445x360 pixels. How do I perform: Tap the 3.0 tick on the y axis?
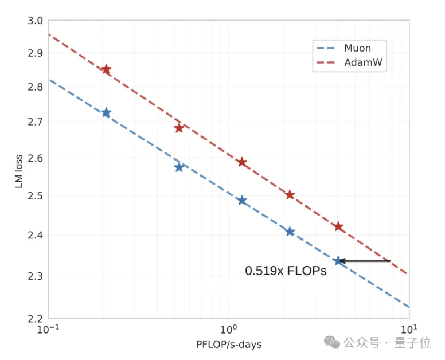(x=36, y=21)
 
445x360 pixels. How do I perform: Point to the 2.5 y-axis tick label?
(x=36, y=196)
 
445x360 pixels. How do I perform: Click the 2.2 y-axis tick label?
(x=36, y=319)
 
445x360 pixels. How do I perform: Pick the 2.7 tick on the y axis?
(x=36, y=122)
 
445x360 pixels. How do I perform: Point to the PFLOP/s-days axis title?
(x=229, y=345)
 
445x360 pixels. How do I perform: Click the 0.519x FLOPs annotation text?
(x=286, y=271)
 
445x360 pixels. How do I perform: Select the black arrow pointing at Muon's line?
(x=366, y=261)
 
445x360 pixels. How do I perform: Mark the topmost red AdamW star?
(x=106, y=69)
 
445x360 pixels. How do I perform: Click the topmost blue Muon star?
(x=106, y=112)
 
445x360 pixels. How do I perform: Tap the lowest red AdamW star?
(x=338, y=226)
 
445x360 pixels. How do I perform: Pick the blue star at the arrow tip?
(x=338, y=261)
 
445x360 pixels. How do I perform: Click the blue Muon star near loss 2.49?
(x=242, y=201)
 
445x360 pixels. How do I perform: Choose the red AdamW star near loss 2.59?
(x=242, y=162)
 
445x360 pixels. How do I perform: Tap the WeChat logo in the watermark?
(x=331, y=342)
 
